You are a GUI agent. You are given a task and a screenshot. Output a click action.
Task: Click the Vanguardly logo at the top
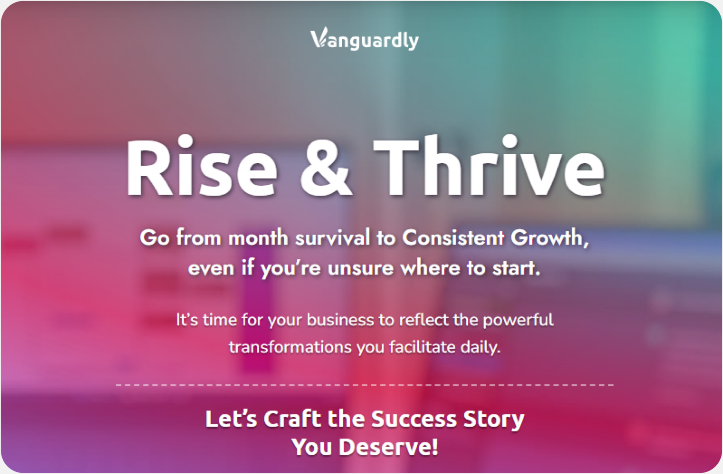pos(365,40)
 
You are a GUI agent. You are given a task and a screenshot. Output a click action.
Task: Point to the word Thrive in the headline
pos(489,168)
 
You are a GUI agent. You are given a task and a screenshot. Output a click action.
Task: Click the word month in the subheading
pos(258,238)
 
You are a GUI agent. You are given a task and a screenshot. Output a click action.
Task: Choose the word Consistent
pos(453,238)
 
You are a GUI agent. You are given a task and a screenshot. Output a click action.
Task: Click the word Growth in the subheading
pos(549,238)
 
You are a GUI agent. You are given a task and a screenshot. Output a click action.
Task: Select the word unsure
pos(360,268)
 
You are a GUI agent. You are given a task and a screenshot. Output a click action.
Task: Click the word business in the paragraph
pos(340,320)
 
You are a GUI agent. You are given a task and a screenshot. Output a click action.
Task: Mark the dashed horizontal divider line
pos(365,385)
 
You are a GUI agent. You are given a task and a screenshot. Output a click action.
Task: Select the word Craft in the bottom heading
pos(292,419)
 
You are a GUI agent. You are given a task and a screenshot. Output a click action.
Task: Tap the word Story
pos(493,420)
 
